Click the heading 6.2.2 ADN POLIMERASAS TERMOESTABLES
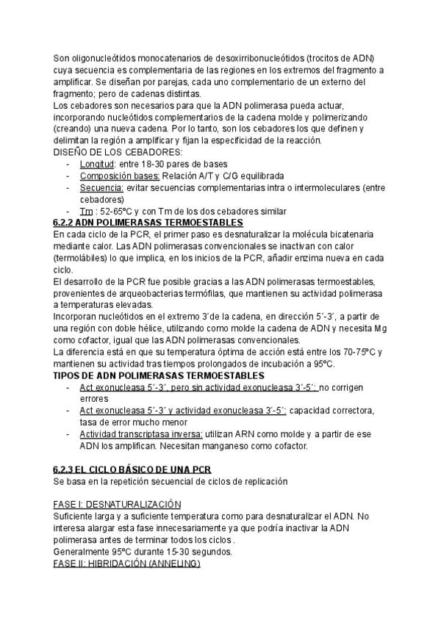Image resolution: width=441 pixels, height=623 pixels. tap(148, 222)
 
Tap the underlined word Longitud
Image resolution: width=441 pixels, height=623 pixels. tap(97, 163)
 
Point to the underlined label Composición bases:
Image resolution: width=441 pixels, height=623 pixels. tap(119, 176)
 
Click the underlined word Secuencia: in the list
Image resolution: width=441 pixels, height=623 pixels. tap(102, 187)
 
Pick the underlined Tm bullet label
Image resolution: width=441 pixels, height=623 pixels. tap(87, 212)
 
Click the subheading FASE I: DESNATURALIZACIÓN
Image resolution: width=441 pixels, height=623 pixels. tap(118, 505)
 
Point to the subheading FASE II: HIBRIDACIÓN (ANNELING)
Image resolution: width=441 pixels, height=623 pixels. tap(126, 564)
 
